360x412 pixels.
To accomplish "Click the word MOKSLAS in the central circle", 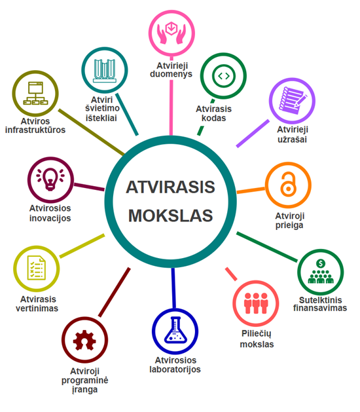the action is pos(170,215).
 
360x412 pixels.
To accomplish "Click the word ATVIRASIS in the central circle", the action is pos(170,187).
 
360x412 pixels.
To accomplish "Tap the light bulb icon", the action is pos(50,179).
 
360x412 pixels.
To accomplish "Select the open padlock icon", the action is pos(288,185).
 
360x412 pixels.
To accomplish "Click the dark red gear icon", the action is pos(84,340).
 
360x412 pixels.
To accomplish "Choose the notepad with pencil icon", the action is pos(292,101).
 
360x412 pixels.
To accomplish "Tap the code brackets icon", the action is pos(223,76).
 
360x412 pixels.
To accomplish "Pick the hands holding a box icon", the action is pos(171,33).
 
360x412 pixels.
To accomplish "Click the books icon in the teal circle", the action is pos(105,71).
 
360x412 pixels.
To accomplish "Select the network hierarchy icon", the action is pos(35,93).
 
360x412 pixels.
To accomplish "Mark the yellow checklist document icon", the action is pos(36,268).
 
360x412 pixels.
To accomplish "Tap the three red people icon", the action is pos(256,303).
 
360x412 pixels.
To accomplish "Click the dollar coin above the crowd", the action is pos(321,263).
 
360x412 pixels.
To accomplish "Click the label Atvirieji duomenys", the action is pos(171,70).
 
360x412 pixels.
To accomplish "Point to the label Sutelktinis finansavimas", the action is pos(320,304).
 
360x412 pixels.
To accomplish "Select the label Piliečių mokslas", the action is pos(257,339).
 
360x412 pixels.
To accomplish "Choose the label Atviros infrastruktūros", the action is pos(35,126).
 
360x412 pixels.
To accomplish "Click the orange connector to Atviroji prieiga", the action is pos(251,190).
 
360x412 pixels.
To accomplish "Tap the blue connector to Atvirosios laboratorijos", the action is pos(173,288).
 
